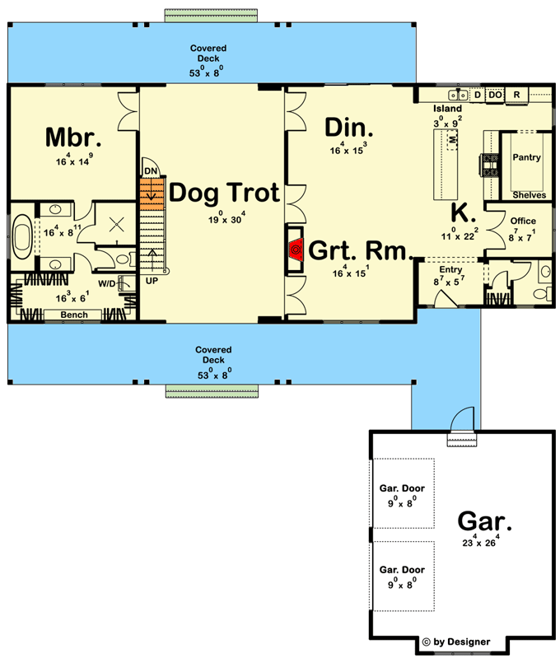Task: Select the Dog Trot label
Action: point(224,194)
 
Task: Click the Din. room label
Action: point(349,128)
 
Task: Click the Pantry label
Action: point(526,157)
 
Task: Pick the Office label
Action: point(523,221)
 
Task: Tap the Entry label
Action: point(450,269)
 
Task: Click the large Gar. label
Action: point(485,520)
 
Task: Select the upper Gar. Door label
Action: point(402,488)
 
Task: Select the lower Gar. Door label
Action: point(402,569)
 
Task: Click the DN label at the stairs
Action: point(150,170)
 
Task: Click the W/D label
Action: point(107,283)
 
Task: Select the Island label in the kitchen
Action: point(448,109)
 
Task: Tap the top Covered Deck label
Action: point(209,49)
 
